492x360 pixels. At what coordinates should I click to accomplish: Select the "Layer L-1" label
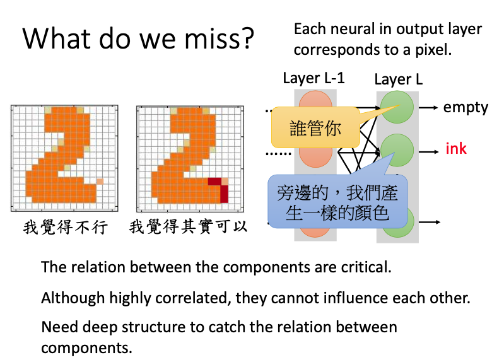click(x=313, y=78)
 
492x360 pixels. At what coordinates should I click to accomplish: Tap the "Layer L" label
click(x=398, y=79)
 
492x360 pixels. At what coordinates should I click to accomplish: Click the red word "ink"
click(x=456, y=149)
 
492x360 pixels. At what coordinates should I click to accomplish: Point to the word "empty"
click(x=466, y=107)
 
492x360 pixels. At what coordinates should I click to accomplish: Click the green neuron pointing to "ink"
click(x=397, y=150)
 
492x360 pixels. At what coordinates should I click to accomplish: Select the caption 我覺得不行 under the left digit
click(x=66, y=227)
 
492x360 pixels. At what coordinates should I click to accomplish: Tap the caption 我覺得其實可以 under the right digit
click(x=188, y=227)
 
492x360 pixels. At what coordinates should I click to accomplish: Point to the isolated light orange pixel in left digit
click(x=100, y=182)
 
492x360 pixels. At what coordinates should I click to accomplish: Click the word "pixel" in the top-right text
click(x=431, y=50)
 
